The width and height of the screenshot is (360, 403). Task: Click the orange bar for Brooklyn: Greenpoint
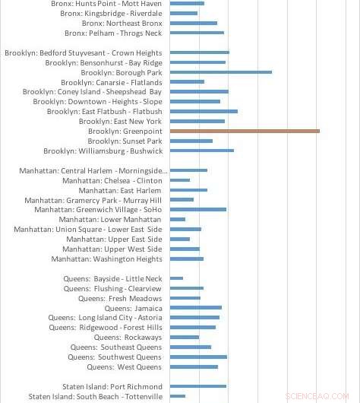point(245,131)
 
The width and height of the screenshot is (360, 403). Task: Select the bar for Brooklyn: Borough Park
point(221,72)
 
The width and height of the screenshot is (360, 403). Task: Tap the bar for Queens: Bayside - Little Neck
point(176,278)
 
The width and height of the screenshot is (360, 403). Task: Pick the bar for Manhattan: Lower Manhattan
point(178,220)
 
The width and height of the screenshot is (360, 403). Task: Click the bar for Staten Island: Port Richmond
point(198,386)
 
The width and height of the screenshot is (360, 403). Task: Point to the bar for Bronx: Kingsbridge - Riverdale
point(184,14)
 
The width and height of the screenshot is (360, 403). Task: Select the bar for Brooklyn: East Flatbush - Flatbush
point(204,112)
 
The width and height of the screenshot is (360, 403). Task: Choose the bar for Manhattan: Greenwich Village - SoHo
point(198,210)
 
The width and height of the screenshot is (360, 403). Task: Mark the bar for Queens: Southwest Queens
point(198,357)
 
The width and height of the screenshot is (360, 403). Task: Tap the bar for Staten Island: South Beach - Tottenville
point(178,396)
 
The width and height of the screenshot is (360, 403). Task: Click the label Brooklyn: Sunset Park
point(125,141)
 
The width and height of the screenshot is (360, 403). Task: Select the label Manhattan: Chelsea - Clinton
point(112,181)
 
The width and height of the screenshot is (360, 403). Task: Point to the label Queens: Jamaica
point(133,308)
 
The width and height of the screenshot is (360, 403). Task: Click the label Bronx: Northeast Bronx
point(122,24)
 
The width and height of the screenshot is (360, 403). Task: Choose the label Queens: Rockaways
point(128,338)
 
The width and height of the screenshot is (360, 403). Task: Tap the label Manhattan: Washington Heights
point(106,259)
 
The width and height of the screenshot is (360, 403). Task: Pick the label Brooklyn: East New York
point(120,122)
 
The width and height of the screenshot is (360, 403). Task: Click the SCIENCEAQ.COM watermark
point(317,396)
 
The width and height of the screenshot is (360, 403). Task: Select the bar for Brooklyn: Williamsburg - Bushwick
point(202,151)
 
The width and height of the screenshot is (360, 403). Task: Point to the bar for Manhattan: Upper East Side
point(180,240)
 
